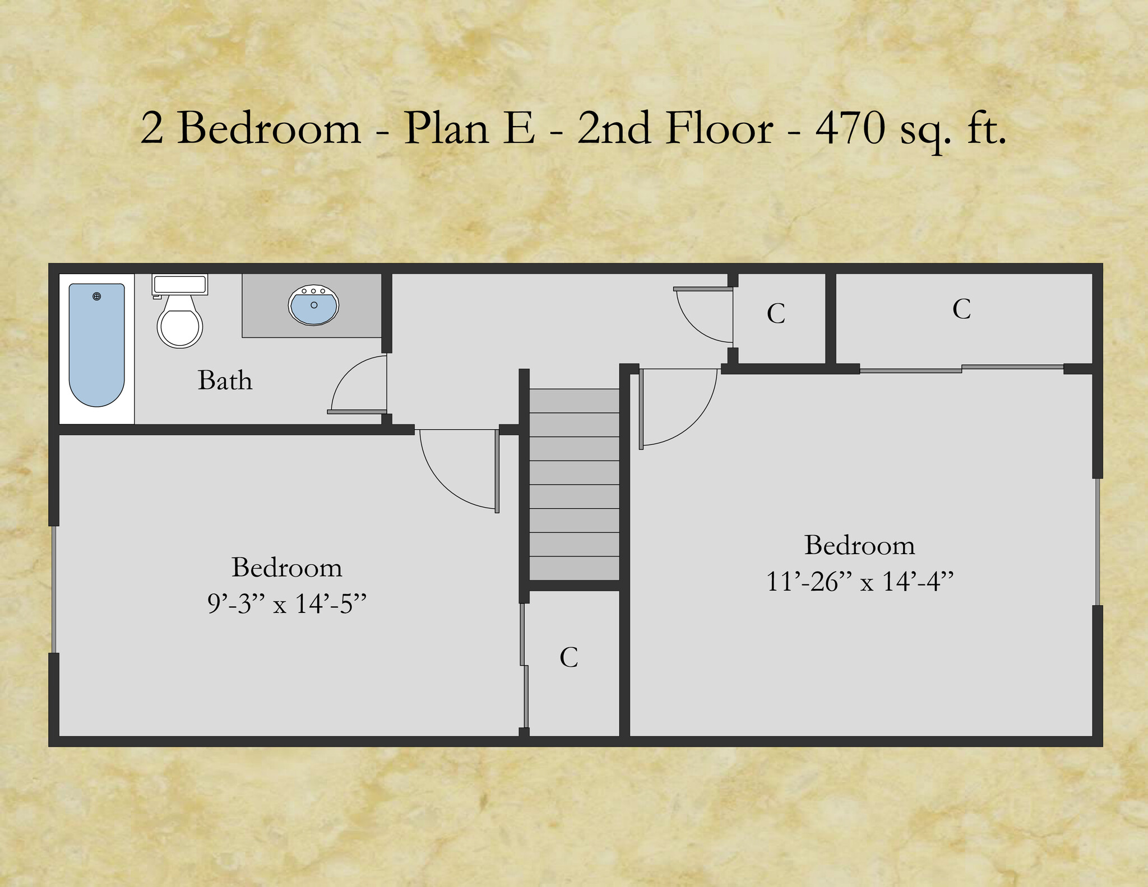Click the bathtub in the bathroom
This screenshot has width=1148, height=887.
pyautogui.click(x=96, y=345)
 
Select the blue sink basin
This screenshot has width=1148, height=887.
pyautogui.click(x=314, y=306)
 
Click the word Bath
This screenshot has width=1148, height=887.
pyautogui.click(x=225, y=380)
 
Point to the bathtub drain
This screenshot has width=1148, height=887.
pyautogui.click(x=97, y=296)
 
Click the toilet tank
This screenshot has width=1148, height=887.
pyautogui.click(x=179, y=284)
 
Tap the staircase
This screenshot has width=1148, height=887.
pyautogui.click(x=574, y=485)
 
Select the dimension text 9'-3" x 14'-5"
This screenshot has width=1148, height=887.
pyautogui.click(x=286, y=604)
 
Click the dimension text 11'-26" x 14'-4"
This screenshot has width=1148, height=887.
pyautogui.click(x=859, y=582)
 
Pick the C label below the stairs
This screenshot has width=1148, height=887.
pyautogui.click(x=568, y=657)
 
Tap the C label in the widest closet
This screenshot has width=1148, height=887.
pyautogui.click(x=961, y=309)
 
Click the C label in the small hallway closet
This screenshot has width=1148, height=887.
pyautogui.click(x=776, y=314)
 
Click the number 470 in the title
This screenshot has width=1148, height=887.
pyautogui.click(x=850, y=128)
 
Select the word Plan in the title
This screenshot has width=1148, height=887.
pyautogui.click(x=446, y=128)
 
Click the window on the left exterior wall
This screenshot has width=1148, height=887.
pyautogui.click(x=54, y=589)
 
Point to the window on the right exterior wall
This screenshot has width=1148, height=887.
pyautogui.click(x=1098, y=541)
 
